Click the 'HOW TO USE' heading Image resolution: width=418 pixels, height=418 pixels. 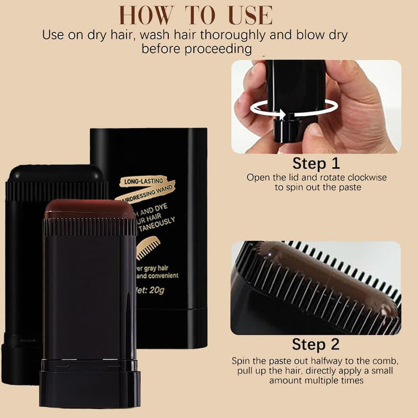(x=196, y=15)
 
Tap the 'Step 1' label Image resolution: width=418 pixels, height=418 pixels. (x=316, y=163)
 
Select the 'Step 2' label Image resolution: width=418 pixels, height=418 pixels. (x=316, y=345)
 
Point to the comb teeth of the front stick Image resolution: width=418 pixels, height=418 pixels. (x=90, y=227)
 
